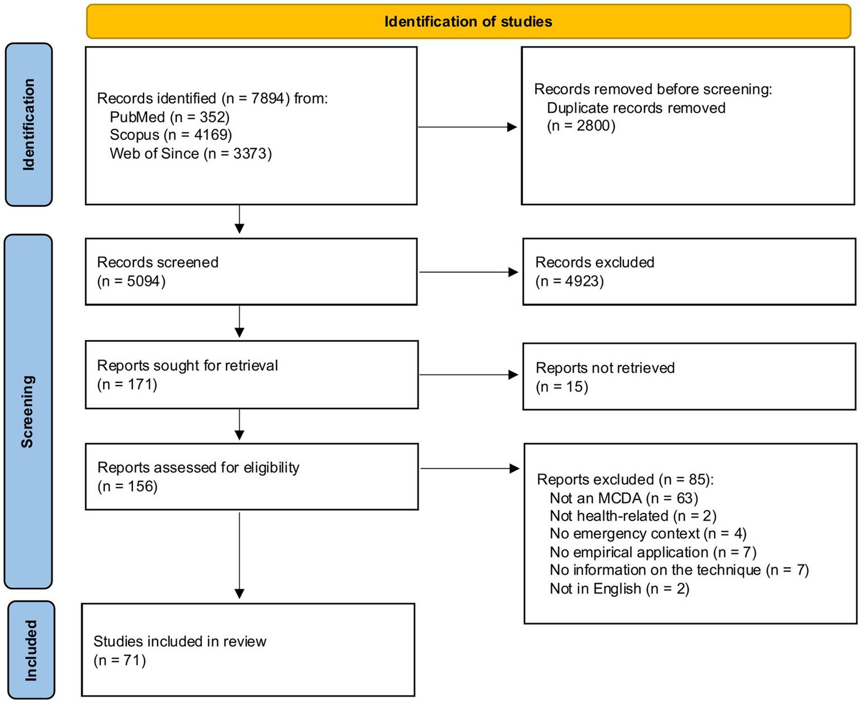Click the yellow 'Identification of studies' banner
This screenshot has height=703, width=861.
pyautogui.click(x=468, y=22)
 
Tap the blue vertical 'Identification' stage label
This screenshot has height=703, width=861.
pyautogui.click(x=29, y=124)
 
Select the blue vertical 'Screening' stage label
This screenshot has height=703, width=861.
pyautogui.click(x=27, y=411)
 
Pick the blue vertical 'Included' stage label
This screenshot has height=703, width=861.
pyautogui.click(x=31, y=650)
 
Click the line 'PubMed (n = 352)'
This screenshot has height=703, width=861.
pyautogui.click(x=169, y=117)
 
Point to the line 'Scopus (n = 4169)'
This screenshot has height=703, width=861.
pyautogui.click(x=171, y=135)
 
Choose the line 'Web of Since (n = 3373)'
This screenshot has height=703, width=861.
pyautogui.click(x=191, y=154)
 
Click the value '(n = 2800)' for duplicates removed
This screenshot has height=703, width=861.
pyautogui.click(x=581, y=126)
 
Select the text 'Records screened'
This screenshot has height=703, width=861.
pyautogui.click(x=158, y=262)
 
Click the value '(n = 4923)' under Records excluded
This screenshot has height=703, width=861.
pyautogui.click(x=569, y=281)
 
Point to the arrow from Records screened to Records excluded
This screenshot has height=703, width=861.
pyautogui.click(x=468, y=272)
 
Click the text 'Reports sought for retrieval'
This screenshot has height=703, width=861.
pyautogui.click(x=187, y=366)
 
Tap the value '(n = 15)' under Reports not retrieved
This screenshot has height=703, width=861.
pyautogui.click(x=561, y=387)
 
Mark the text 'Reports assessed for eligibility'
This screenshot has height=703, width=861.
pyautogui.click(x=198, y=468)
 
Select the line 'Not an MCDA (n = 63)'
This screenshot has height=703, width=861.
pyautogui.click(x=624, y=498)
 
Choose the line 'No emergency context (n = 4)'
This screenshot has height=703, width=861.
pyautogui.click(x=648, y=534)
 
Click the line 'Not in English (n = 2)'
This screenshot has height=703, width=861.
pyautogui.click(x=619, y=589)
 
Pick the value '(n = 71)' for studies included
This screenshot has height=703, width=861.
pyautogui.click(x=119, y=660)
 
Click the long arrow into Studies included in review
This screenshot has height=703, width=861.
pyautogui.click(x=240, y=555)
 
